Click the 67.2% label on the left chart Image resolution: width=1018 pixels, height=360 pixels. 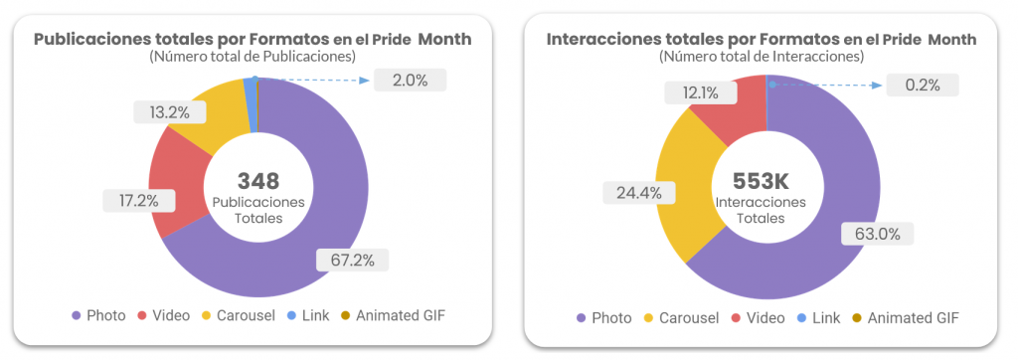pos(352,261)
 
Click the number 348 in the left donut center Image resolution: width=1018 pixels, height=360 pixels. pos(257,181)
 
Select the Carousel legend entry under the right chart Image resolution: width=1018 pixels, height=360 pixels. pos(681,318)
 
